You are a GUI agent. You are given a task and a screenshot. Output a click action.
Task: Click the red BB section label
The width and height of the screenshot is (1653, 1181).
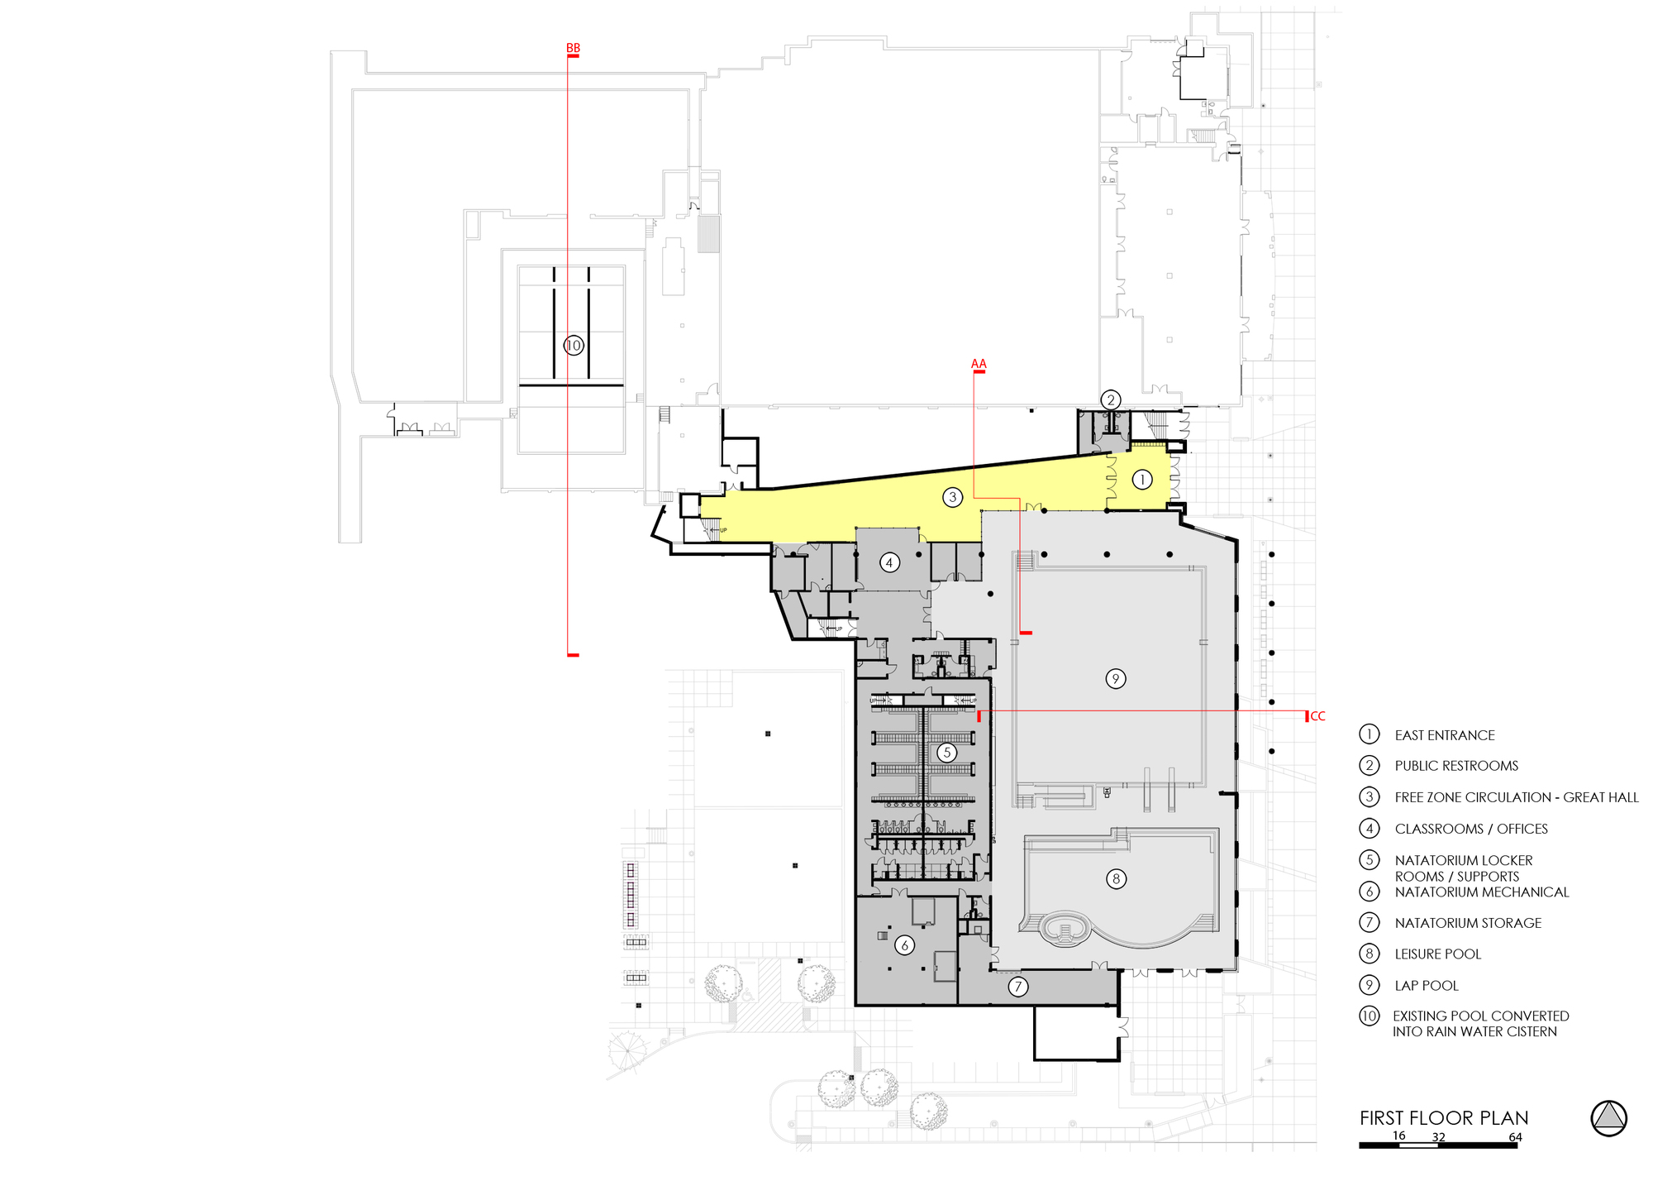[573, 48]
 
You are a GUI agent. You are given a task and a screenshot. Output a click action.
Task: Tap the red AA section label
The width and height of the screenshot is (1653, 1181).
[979, 364]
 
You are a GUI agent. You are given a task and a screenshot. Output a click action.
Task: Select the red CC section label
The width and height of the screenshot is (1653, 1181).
[1317, 716]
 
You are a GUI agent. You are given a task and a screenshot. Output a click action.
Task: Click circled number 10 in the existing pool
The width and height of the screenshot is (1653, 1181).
[574, 346]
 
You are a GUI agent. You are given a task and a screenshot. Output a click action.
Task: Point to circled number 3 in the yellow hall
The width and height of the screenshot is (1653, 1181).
[953, 497]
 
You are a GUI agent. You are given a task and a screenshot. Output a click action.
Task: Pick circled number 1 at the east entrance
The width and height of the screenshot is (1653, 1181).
[1142, 479]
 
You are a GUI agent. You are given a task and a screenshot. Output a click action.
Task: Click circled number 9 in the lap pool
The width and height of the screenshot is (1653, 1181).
[1116, 679]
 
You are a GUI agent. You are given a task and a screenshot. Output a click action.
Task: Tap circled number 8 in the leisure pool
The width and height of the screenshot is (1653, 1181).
[1117, 878]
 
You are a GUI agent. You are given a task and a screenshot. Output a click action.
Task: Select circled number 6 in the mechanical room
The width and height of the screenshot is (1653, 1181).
[905, 945]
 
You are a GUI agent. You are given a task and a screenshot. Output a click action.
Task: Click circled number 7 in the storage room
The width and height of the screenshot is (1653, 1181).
[1018, 986]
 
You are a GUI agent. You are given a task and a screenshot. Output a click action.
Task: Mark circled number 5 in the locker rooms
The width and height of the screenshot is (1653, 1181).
[947, 753]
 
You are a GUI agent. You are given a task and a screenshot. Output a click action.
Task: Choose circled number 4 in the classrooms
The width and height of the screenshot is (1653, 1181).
[889, 563]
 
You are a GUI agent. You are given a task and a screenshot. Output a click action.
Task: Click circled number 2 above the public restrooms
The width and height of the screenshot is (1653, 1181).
[1111, 400]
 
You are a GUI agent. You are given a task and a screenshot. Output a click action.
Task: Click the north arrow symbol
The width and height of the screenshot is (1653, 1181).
[1608, 1118]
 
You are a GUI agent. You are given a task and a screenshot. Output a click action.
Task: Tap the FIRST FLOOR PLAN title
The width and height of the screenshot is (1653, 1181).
[1444, 1118]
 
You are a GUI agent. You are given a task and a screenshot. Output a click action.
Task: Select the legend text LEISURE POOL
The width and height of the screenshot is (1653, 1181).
[1437, 954]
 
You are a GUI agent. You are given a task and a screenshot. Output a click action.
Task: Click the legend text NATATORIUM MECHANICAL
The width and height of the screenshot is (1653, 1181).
[1481, 892]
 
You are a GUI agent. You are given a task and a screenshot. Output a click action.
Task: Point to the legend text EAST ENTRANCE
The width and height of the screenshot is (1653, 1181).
[1444, 735]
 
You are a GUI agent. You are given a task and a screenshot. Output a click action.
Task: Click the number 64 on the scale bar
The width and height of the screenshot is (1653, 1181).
[1515, 1137]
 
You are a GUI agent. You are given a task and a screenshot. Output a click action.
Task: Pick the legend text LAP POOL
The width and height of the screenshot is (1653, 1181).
[1427, 986]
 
